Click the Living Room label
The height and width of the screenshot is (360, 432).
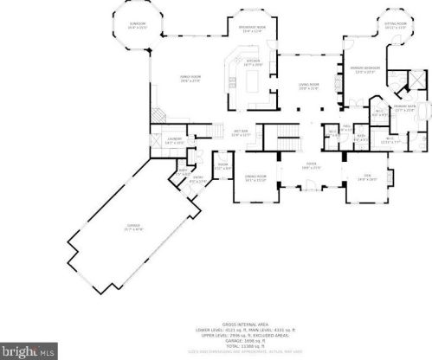point(310,86)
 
